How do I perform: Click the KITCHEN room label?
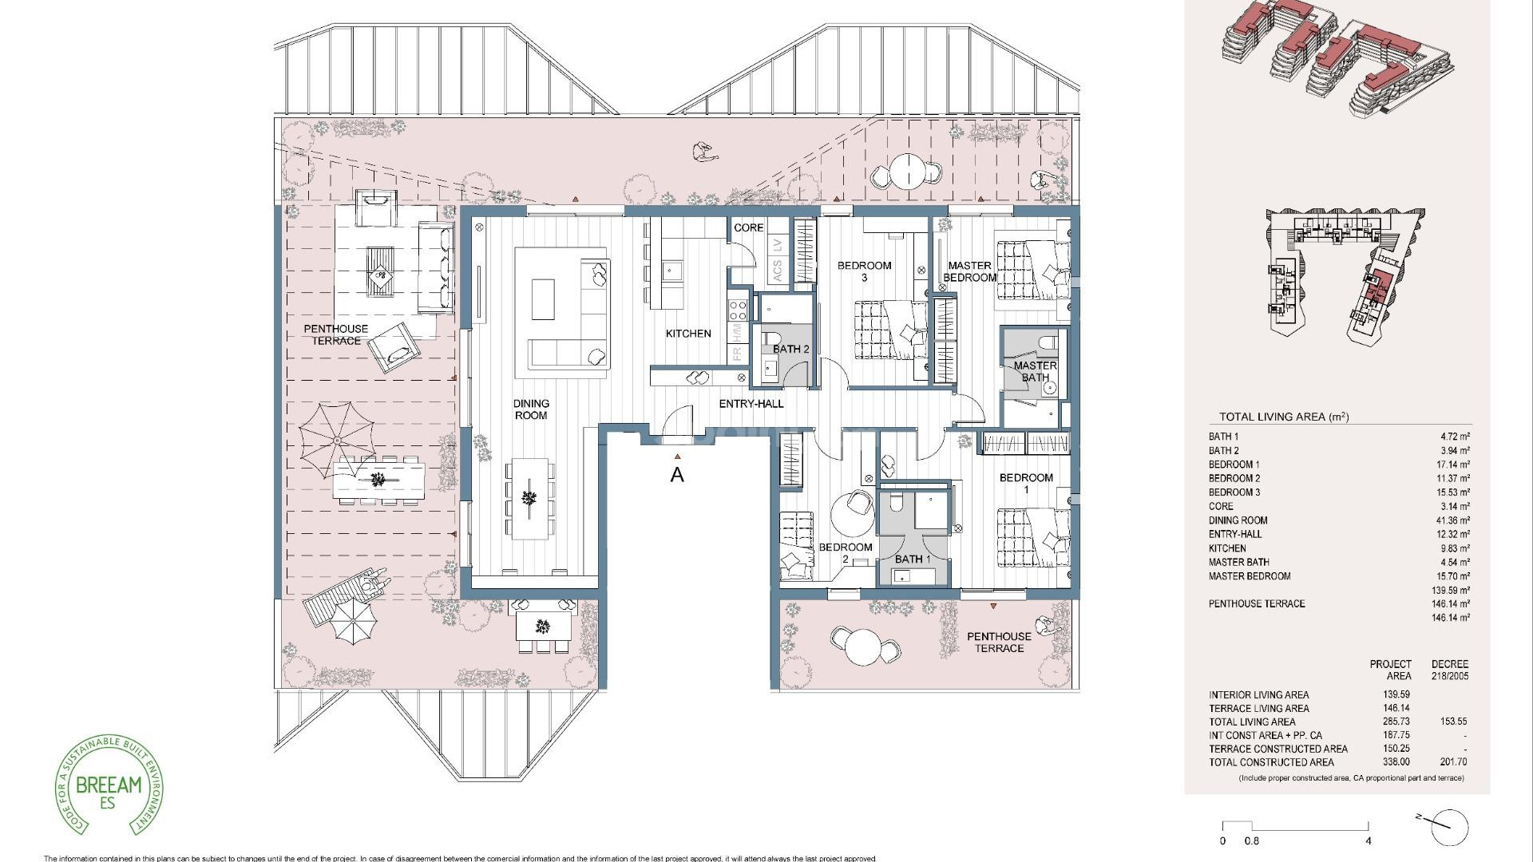pyautogui.click(x=687, y=334)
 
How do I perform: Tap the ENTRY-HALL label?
pyautogui.click(x=751, y=404)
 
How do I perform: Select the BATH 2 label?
pyautogui.click(x=790, y=349)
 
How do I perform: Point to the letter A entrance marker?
pyautogui.click(x=677, y=475)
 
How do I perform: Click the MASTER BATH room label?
pyautogui.click(x=1035, y=371)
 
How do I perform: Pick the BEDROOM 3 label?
pyautogui.click(x=864, y=271)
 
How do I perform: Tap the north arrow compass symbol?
pyautogui.click(x=1448, y=826)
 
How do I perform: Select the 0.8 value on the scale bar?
pyautogui.click(x=1251, y=840)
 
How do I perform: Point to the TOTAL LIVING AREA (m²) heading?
pyautogui.click(x=1283, y=417)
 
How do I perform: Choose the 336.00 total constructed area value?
pyautogui.click(x=1396, y=762)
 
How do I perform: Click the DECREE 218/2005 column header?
pyautogui.click(x=1449, y=670)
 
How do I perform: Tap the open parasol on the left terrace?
pyautogui.click(x=337, y=439)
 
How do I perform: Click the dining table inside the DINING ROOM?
pyautogui.click(x=529, y=499)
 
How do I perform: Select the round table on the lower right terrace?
pyautogui.click(x=863, y=646)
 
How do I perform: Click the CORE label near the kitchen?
pyautogui.click(x=748, y=227)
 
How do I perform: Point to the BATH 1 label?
pyautogui.click(x=912, y=560)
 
